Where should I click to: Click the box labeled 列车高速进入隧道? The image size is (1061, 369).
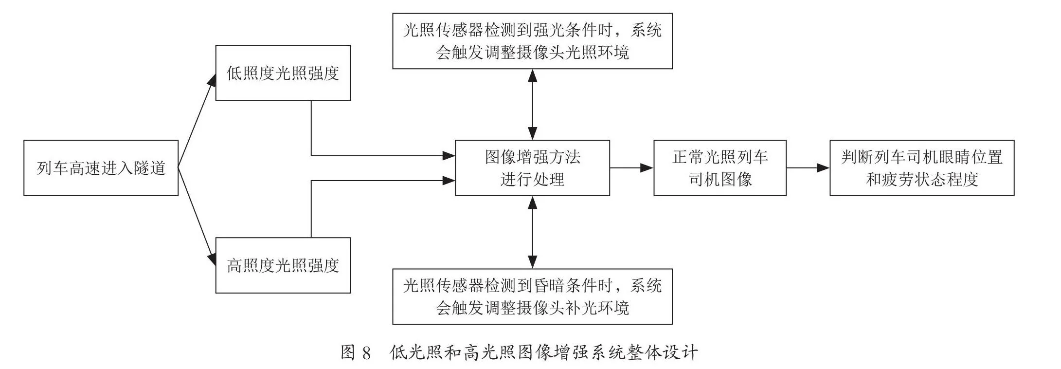click(x=101, y=168)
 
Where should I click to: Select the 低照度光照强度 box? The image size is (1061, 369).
click(x=283, y=73)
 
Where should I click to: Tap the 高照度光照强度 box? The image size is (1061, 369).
click(x=283, y=265)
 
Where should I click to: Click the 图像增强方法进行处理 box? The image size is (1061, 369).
click(x=532, y=168)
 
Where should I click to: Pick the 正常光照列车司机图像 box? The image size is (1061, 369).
click(x=720, y=168)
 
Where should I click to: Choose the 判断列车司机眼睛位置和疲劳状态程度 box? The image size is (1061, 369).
click(x=922, y=168)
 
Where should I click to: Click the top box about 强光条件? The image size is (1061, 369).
click(x=532, y=41)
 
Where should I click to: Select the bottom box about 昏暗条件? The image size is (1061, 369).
click(x=532, y=296)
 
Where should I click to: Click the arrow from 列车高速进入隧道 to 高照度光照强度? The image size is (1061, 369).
click(x=197, y=217)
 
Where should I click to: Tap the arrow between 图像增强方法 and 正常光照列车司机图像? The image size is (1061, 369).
click(x=631, y=168)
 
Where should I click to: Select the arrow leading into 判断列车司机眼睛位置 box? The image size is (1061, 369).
click(x=808, y=168)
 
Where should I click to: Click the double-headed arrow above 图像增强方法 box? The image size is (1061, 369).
click(x=533, y=105)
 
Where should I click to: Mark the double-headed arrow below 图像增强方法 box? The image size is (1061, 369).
click(x=533, y=232)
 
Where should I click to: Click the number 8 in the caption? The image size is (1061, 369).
click(x=367, y=352)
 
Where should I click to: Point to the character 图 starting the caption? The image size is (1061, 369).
click(x=348, y=352)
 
